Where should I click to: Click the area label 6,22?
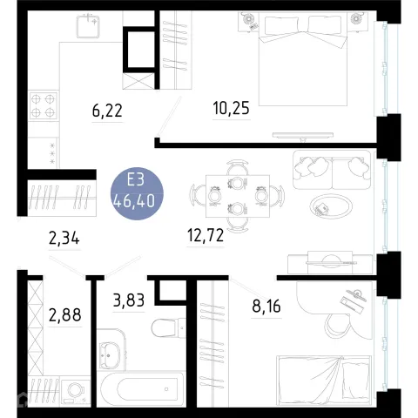107,111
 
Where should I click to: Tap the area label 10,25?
231,108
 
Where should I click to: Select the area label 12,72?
206,235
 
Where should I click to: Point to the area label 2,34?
64,239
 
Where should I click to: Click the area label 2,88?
64,315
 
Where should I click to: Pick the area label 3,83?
129,300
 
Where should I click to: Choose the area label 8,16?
266,306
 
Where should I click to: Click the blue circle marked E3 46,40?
137,193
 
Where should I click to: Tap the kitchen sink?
88,26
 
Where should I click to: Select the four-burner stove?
44,105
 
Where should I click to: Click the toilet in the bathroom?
168,328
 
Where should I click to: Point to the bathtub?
142,389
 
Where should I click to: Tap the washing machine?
76,391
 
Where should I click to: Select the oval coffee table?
331,206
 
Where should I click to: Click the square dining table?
238,196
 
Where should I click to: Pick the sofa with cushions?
332,170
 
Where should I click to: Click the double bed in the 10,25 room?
303,60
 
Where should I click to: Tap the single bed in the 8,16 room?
324,381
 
